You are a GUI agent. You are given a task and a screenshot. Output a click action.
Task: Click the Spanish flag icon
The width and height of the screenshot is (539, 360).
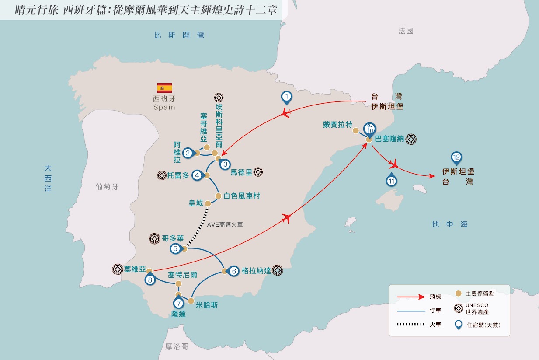(165, 88)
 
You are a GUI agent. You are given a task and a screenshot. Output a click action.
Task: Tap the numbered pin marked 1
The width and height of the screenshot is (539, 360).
(286, 98)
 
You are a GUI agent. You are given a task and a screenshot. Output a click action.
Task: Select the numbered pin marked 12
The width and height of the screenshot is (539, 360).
(456, 158)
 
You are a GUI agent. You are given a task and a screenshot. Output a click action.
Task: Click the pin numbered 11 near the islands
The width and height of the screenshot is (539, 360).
(392, 180)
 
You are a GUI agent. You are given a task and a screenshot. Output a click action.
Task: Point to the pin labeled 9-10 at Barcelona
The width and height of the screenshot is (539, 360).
(369, 129)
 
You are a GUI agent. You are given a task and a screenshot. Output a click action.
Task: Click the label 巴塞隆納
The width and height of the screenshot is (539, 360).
(389, 139)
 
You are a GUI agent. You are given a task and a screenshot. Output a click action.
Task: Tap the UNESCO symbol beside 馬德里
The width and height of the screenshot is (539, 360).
(258, 172)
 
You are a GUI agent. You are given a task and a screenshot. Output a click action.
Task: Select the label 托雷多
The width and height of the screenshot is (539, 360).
(178, 175)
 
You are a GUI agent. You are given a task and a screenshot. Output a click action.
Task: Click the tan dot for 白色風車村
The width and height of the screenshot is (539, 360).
(218, 196)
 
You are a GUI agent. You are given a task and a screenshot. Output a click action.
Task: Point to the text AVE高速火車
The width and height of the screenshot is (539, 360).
(225, 225)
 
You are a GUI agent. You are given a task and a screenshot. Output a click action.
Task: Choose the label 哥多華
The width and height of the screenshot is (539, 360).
(173, 238)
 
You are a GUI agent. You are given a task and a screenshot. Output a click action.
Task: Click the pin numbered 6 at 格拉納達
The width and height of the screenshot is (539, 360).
(233, 271)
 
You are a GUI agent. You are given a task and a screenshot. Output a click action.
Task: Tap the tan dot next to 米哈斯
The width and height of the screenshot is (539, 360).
(191, 301)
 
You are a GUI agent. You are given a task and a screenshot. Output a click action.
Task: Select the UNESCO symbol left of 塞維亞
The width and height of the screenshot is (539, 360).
(118, 269)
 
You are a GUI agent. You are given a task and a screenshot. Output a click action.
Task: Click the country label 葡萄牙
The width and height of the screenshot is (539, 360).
(107, 187)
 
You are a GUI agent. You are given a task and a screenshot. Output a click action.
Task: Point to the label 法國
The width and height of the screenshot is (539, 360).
(406, 31)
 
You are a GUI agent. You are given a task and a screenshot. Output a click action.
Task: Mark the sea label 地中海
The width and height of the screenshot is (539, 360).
(450, 224)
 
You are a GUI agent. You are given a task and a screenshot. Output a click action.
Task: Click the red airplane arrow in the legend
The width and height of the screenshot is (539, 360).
(411, 297)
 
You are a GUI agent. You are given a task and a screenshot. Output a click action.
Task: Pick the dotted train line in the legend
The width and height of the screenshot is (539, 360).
(411, 325)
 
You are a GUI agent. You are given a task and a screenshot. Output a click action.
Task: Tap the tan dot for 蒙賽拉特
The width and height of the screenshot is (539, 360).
(356, 131)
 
